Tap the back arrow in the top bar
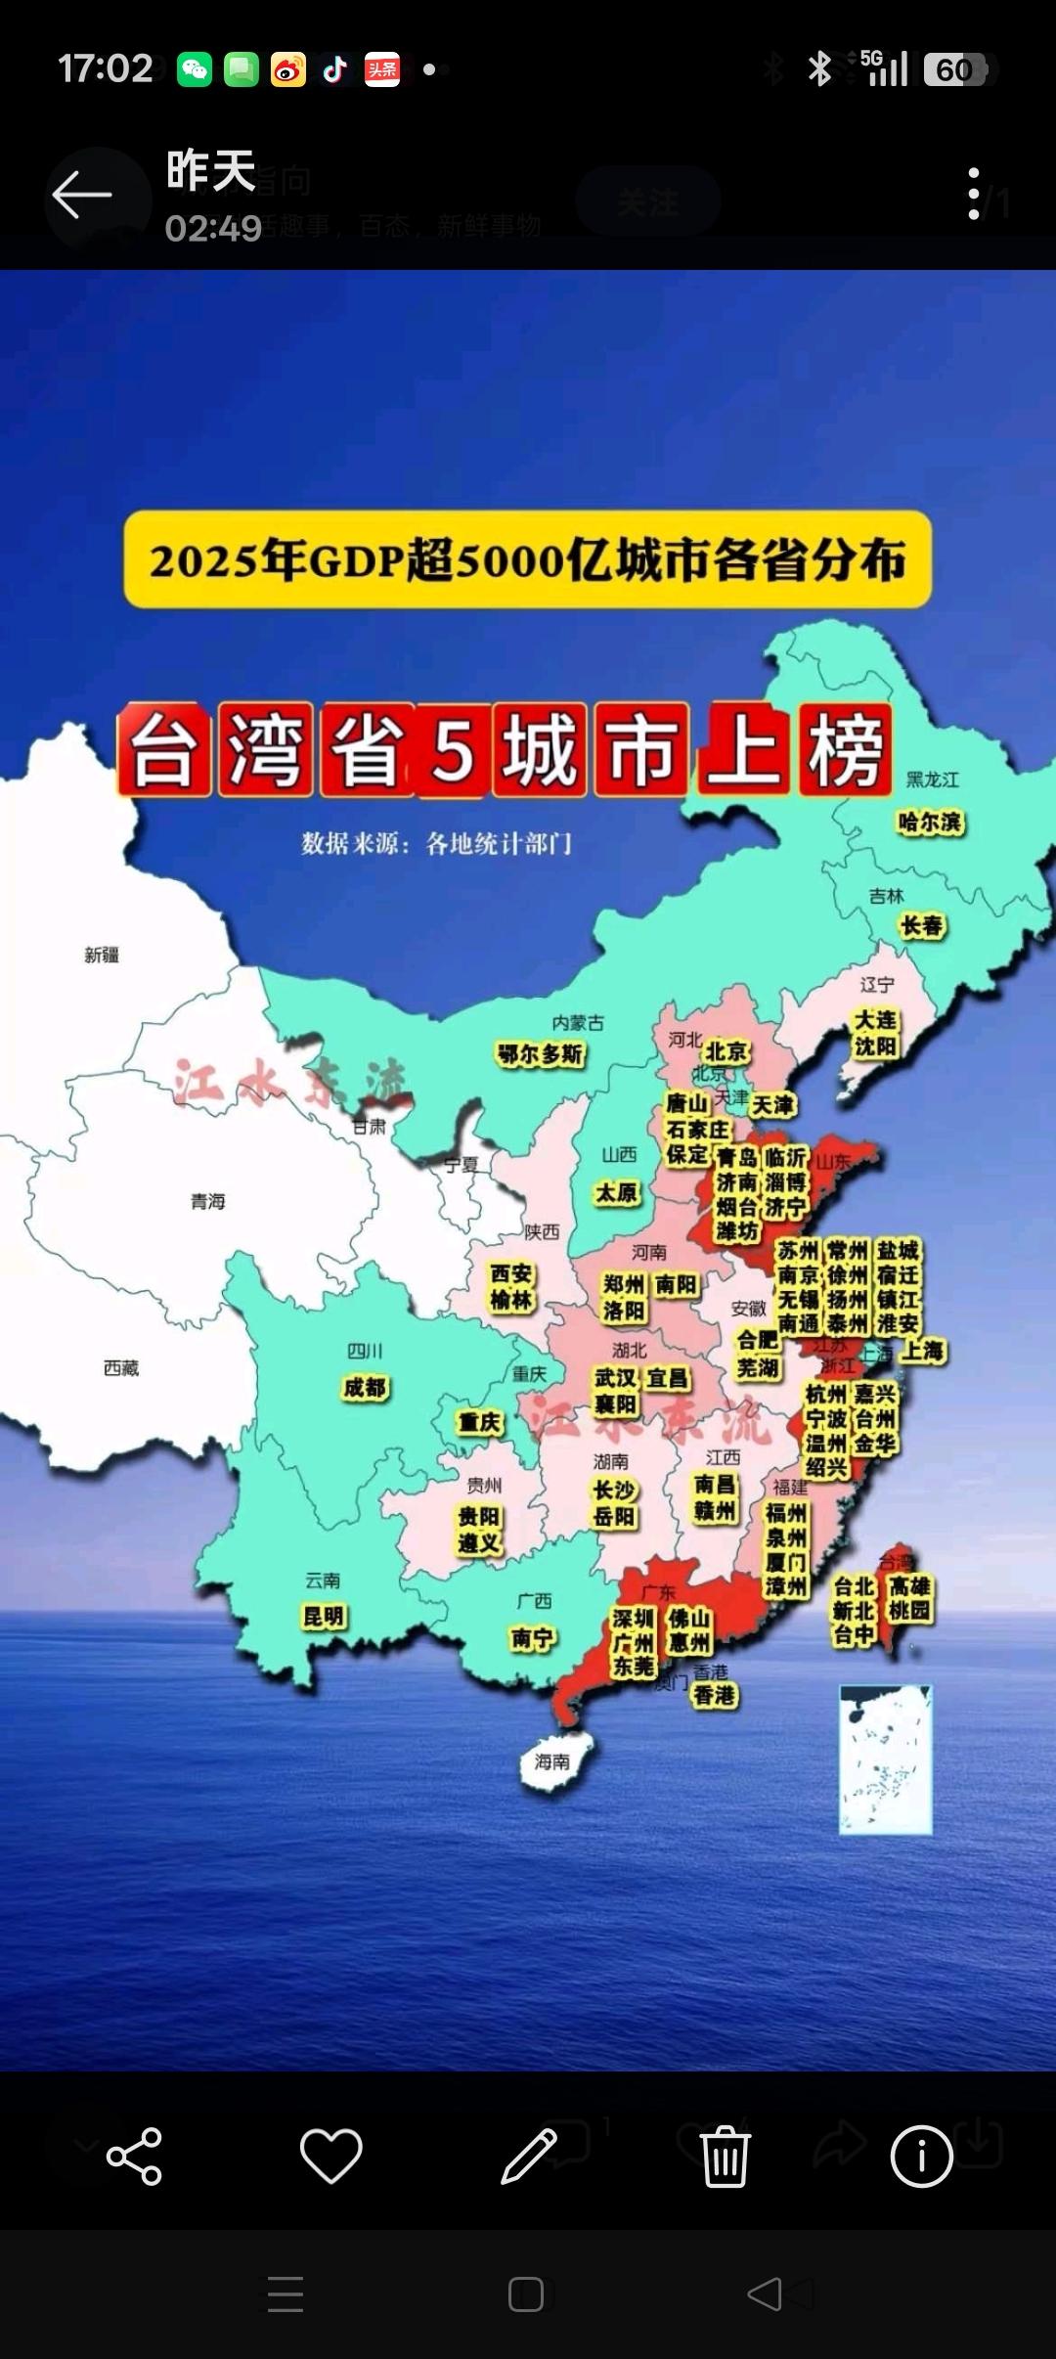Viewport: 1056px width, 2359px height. pos(82,196)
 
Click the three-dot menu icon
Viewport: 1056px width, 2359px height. pos(973,194)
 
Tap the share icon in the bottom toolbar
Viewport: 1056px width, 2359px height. pos(134,2156)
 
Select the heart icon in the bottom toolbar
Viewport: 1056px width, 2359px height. pos(330,2156)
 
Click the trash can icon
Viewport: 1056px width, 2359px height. pos(725,2156)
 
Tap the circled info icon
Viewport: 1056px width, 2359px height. pos(921,2156)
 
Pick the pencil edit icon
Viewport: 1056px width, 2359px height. pos(528,2156)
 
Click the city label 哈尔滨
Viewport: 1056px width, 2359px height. pos(930,823)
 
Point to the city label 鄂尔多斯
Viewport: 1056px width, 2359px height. pos(541,1054)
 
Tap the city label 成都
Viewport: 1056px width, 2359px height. pos(366,1388)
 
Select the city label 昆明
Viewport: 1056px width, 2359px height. pos(325,1617)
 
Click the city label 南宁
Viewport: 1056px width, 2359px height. pos(533,1638)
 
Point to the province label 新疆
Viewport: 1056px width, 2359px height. pos(102,955)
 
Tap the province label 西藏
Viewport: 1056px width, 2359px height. pos(121,1368)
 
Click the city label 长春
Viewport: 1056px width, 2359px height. pos(922,925)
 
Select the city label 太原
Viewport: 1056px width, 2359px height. pos(617,1192)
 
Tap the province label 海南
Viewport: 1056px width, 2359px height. pos(551,1761)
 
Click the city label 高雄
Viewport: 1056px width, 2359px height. pos(910,1585)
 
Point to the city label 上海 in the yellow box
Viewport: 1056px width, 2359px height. pos(922,1351)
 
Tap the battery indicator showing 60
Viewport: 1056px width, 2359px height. pos(955,70)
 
